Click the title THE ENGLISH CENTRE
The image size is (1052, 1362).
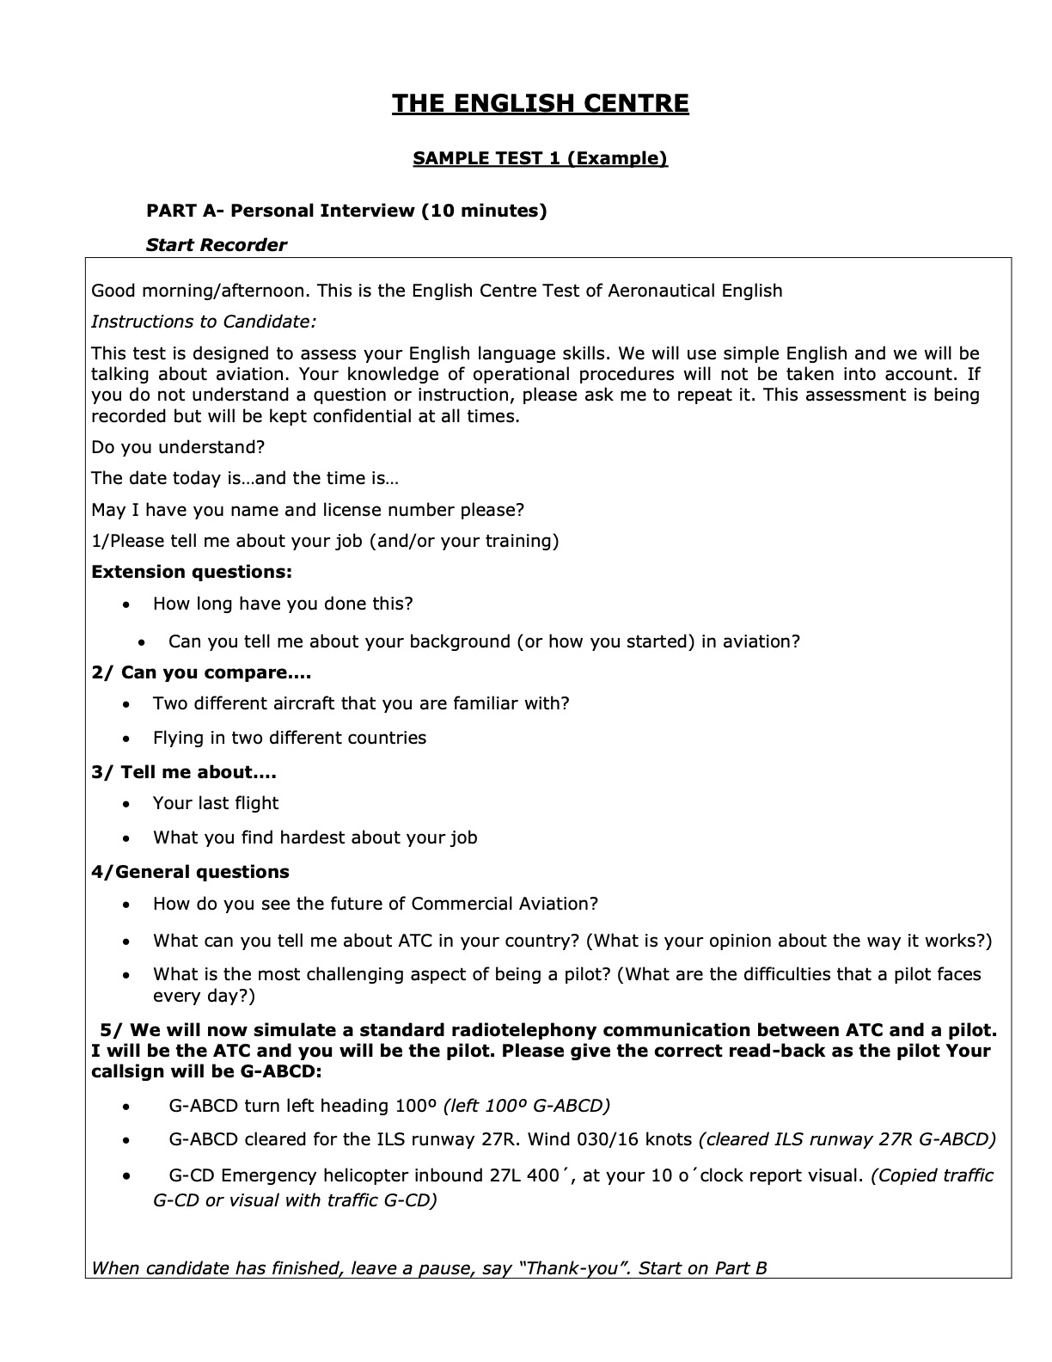pos(541,104)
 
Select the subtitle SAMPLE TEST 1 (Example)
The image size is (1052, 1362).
pos(540,158)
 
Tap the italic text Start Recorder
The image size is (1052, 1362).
pos(216,245)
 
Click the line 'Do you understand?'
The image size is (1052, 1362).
pos(178,447)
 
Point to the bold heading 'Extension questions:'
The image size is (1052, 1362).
pos(192,572)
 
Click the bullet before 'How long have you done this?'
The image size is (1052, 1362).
pos(127,605)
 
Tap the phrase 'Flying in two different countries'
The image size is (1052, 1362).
pos(290,738)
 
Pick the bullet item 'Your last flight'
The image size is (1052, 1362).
pos(216,803)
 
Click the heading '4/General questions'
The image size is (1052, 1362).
pos(190,872)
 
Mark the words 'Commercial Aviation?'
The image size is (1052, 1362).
pos(505,904)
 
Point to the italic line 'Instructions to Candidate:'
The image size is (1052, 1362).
pos(204,322)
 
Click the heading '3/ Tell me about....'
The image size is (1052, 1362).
pos(184,772)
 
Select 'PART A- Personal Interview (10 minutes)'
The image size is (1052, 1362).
pos(346,211)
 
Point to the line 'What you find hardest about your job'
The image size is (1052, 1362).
pos(315,837)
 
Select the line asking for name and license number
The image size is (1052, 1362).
pos(308,510)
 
